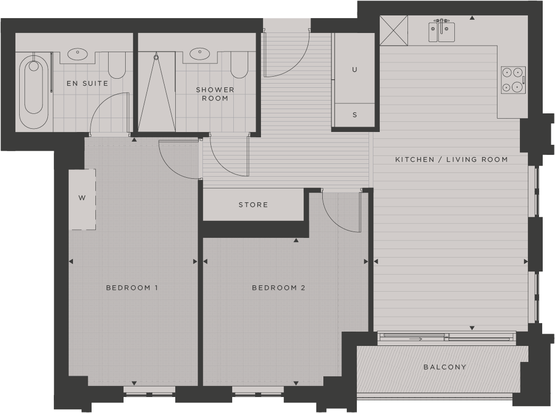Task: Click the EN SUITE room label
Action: [x=87, y=84]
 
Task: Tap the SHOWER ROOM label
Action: [x=215, y=94]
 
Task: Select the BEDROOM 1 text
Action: [x=132, y=288]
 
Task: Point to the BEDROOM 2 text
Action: [x=279, y=288]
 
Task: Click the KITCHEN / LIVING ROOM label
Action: [x=451, y=160]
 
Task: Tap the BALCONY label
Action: [x=445, y=367]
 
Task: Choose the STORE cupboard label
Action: [x=253, y=205]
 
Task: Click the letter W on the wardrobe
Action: [x=82, y=199]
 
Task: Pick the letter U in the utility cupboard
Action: [x=355, y=70]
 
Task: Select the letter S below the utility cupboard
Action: [x=355, y=115]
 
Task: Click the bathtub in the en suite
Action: [x=34, y=90]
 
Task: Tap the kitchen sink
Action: [x=442, y=32]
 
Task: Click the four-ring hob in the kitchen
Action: [x=513, y=80]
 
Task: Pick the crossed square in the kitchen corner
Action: [x=394, y=30]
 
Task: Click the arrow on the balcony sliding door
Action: [x=416, y=338]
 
